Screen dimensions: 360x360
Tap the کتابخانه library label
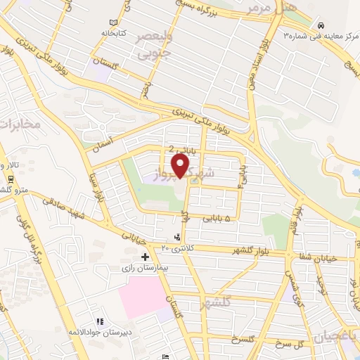[112, 32]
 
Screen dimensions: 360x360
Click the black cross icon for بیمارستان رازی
[146, 257]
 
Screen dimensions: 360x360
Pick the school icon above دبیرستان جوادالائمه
[101, 321]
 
